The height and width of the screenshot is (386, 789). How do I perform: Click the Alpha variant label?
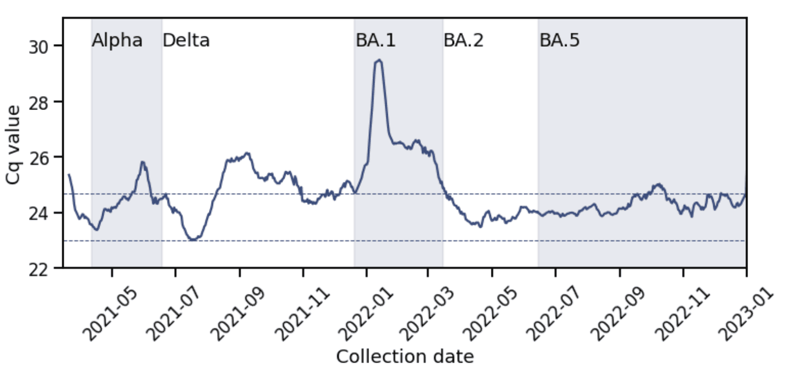coord(117,40)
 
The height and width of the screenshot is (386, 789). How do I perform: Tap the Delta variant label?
coord(186,40)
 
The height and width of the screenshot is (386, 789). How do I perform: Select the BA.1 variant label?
coord(375,40)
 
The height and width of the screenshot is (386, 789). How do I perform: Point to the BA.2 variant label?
coord(463,40)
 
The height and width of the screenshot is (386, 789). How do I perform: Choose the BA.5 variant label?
coord(559,40)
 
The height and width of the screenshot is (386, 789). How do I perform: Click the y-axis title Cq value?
coord(14,144)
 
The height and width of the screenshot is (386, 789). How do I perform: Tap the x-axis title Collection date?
coord(404,357)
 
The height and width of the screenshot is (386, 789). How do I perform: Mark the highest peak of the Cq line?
coord(379,60)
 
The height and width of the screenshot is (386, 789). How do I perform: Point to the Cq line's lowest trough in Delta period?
coord(193,240)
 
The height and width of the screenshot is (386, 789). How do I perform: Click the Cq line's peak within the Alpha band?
coord(143,162)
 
